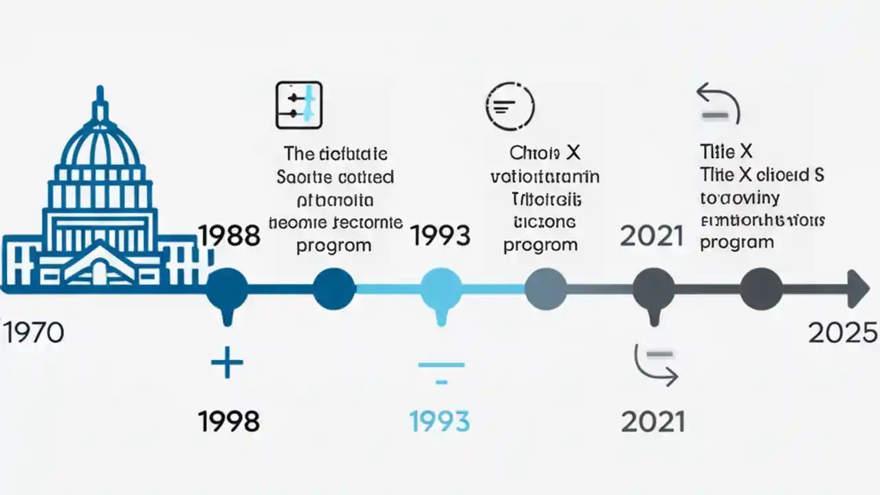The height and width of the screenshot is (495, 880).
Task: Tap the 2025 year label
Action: pyautogui.click(x=843, y=333)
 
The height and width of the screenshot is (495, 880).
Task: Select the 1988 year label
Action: pyautogui.click(x=229, y=236)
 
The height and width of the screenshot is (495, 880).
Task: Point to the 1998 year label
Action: pyautogui.click(x=229, y=420)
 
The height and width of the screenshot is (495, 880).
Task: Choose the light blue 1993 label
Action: pyautogui.click(x=440, y=420)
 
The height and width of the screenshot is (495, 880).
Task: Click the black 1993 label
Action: pyautogui.click(x=440, y=236)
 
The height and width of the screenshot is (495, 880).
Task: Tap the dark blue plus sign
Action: pyautogui.click(x=227, y=363)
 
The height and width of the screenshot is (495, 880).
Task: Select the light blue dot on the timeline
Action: pyautogui.click(x=441, y=289)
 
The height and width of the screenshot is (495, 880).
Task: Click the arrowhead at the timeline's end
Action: pyautogui.click(x=859, y=289)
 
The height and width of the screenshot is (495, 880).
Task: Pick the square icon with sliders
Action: pyautogui.click(x=299, y=105)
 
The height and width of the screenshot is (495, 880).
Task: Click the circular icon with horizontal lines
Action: pyautogui.click(x=509, y=106)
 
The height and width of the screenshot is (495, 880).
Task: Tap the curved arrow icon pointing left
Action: pyautogui.click(x=718, y=102)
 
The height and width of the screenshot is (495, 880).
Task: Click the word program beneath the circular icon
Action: pyautogui.click(x=540, y=245)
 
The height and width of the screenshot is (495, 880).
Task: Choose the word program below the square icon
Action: pyautogui.click(x=334, y=245)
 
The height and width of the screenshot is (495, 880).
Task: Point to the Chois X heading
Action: pyautogui.click(x=544, y=152)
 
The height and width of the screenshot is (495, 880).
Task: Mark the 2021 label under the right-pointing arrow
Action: pyautogui.click(x=653, y=421)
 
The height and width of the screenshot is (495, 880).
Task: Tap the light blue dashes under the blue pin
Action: pyautogui.click(x=441, y=372)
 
